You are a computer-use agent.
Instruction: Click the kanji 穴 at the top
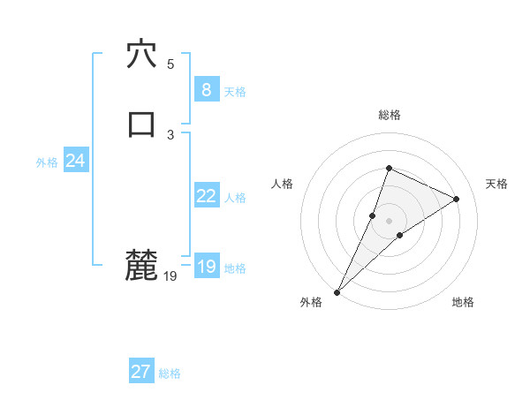pyautogui.click(x=141, y=54)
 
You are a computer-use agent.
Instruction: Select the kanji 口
pyautogui.click(x=141, y=124)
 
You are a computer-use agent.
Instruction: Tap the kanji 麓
pyautogui.click(x=141, y=266)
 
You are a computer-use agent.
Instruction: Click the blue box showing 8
pyautogui.click(x=206, y=89)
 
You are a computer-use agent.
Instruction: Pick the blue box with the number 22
pyautogui.click(x=206, y=196)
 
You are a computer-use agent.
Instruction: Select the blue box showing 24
pyautogui.click(x=75, y=161)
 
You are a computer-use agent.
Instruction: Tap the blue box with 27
pyautogui.click(x=141, y=372)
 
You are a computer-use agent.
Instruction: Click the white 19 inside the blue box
pyautogui.click(x=206, y=267)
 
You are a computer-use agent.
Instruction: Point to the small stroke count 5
pyautogui.click(x=170, y=64)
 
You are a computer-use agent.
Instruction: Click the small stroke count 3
pyautogui.click(x=170, y=135)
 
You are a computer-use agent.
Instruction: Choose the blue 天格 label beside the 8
pyautogui.click(x=235, y=91)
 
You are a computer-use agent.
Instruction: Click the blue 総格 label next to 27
pyautogui.click(x=170, y=373)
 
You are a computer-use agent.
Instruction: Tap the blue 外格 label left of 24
pyautogui.click(x=47, y=162)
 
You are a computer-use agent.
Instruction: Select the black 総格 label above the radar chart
pyautogui.click(x=390, y=115)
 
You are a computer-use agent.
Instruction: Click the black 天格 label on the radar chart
pyautogui.click(x=497, y=184)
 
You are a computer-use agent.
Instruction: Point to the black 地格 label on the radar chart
pyautogui.click(x=463, y=302)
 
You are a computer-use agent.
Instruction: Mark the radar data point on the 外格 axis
pyautogui.click(x=337, y=291)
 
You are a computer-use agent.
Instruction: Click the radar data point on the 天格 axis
pyautogui.click(x=457, y=199)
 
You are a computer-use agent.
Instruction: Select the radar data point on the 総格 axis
pyautogui.click(x=389, y=168)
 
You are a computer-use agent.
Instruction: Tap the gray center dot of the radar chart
pyautogui.click(x=389, y=220)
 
